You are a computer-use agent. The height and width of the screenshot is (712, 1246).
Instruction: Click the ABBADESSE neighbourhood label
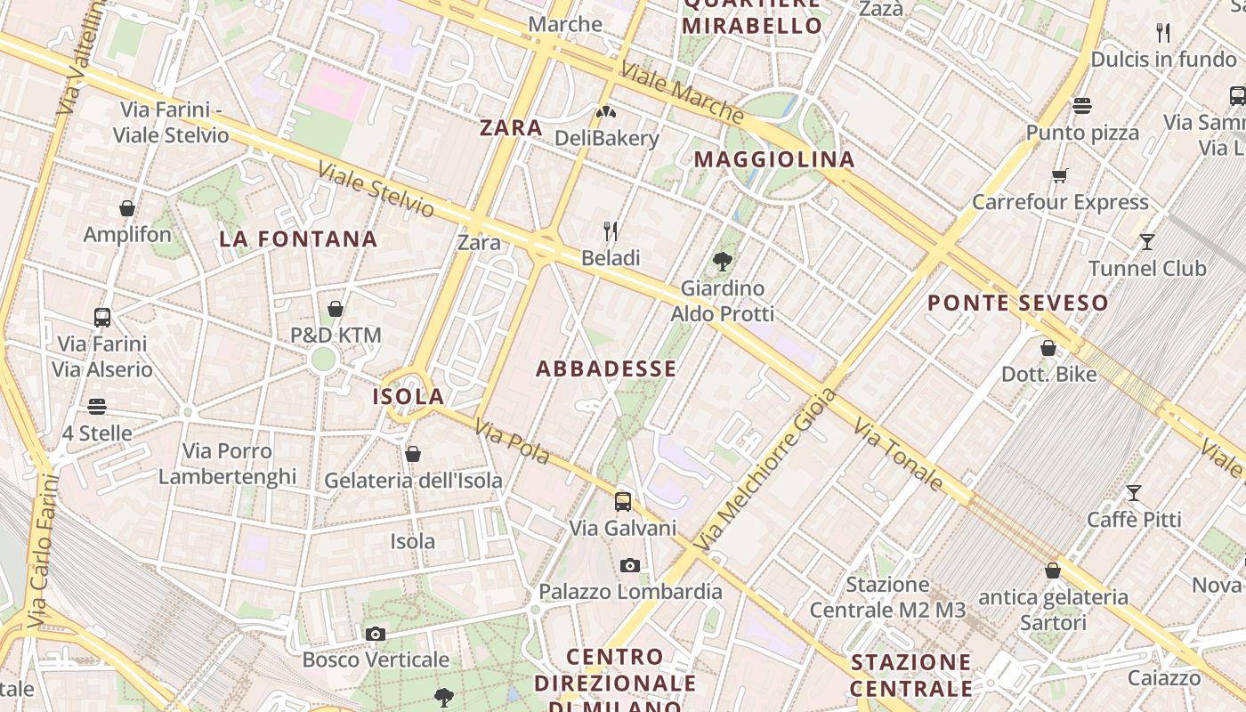click(606, 368)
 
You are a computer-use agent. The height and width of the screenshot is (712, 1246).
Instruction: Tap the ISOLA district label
click(408, 397)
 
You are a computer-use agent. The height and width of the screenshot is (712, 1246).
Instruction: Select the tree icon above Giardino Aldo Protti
click(723, 262)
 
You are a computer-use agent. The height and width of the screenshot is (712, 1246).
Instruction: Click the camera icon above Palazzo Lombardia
click(630, 565)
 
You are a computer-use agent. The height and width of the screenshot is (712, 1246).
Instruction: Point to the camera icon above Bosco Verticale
click(376, 634)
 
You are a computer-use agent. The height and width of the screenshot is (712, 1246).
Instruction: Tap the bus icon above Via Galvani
click(623, 501)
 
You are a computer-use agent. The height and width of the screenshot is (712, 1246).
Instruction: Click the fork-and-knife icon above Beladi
click(611, 231)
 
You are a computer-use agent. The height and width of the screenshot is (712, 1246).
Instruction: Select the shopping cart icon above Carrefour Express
click(1059, 175)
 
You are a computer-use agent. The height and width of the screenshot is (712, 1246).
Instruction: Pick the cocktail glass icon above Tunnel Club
click(1147, 241)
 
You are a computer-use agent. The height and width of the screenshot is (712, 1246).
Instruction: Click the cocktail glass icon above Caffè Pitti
click(1134, 492)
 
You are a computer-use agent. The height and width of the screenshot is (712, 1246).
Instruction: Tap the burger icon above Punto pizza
click(1082, 106)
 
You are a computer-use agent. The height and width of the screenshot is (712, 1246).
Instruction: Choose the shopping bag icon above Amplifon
click(127, 208)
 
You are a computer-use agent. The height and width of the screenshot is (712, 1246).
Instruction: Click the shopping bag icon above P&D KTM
click(336, 309)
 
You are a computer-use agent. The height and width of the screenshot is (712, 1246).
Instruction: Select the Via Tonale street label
click(898, 456)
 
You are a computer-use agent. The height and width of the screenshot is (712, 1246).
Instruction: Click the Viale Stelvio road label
click(376, 190)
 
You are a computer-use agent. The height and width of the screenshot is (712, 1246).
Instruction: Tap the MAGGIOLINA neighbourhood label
click(774, 160)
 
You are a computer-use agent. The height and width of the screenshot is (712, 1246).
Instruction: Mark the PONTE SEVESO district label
click(1018, 303)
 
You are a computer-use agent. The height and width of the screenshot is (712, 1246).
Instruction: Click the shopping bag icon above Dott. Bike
click(1048, 348)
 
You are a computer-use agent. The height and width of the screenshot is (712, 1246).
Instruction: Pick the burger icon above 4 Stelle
click(97, 407)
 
